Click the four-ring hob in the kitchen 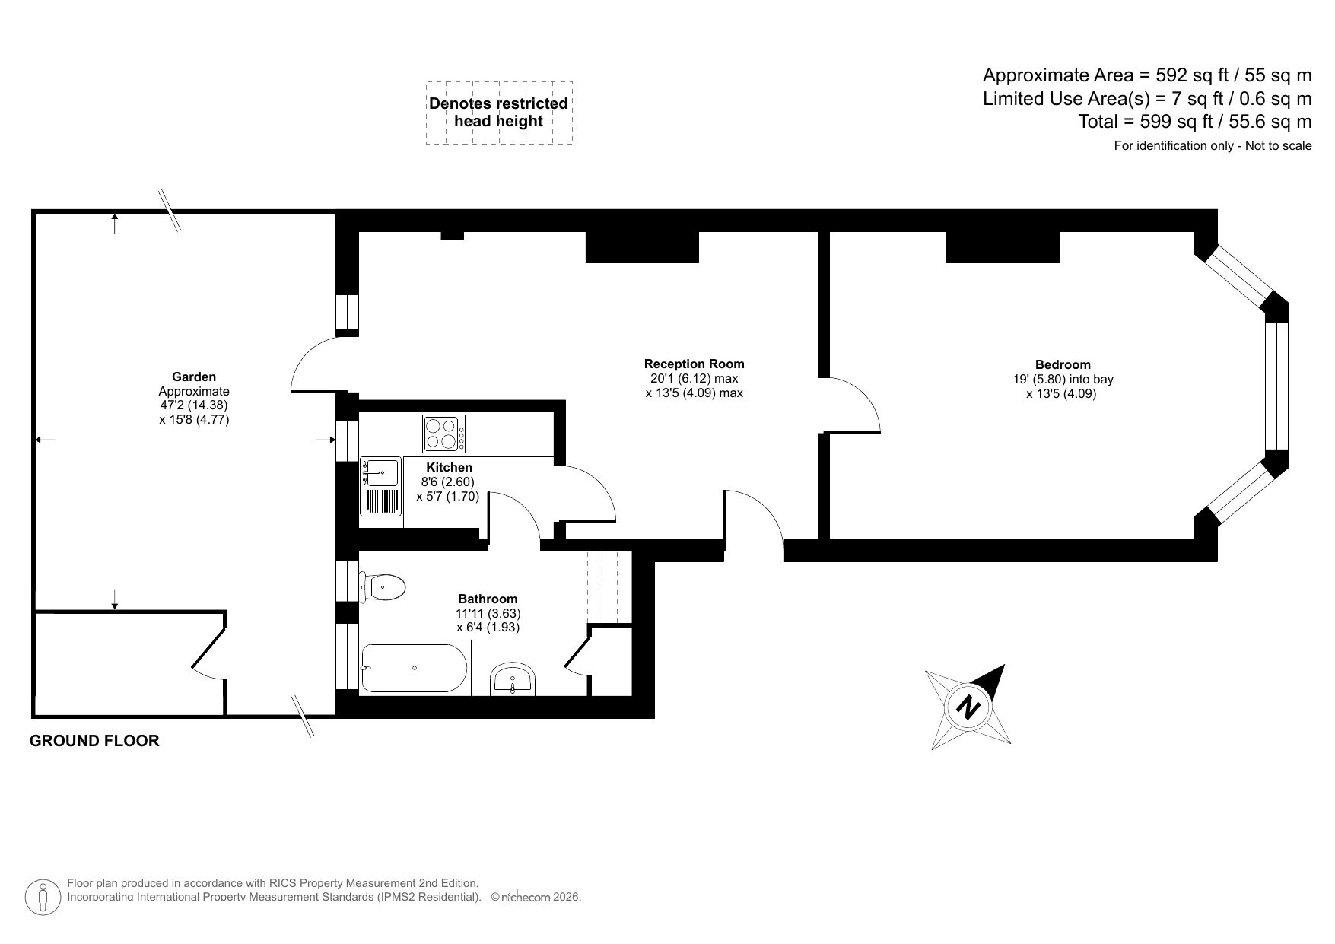pos(444,434)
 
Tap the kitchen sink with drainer pos(381,487)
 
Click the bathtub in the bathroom pos(415,668)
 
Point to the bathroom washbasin pos(513,678)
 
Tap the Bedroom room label pos(1062,365)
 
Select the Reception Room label pos(694,364)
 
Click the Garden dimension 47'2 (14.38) pos(193,405)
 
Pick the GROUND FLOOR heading pos(94,741)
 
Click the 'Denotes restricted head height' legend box pos(499,113)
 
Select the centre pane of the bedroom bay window pos(1276,386)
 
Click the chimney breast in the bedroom pos(1002,247)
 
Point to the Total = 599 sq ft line pos(1194,122)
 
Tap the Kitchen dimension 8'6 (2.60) pos(449,482)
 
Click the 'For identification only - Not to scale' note pos(1213,146)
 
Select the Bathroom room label pos(488,599)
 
